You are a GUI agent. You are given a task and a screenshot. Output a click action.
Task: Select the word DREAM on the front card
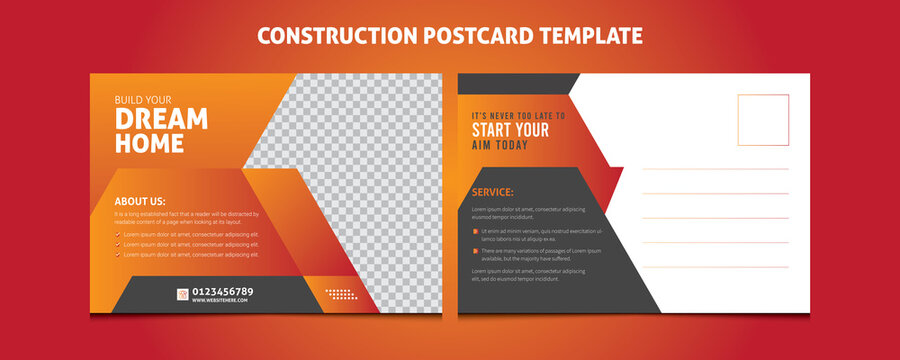click(161, 119)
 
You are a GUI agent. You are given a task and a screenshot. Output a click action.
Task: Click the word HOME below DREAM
click(149, 143)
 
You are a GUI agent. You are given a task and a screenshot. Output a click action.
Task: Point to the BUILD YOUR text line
click(143, 99)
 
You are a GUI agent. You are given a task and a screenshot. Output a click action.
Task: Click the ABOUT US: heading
click(140, 201)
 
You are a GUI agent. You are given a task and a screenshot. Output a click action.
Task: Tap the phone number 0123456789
click(223, 291)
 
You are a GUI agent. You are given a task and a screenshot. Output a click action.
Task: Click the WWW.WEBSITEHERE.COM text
click(219, 301)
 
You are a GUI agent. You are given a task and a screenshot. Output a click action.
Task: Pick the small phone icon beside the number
click(183, 295)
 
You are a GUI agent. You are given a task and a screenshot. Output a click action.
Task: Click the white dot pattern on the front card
click(341, 294)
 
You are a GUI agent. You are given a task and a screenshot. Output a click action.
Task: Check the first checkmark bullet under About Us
click(118, 233)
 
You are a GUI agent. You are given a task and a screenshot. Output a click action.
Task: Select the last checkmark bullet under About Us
click(118, 255)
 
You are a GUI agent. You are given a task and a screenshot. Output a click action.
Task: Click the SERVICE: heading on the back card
click(492, 192)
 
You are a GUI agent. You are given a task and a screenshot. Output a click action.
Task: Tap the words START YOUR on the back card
click(510, 130)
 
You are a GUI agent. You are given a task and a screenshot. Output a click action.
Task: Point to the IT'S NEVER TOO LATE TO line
click(518, 116)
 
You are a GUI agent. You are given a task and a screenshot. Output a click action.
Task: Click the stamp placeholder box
click(763, 120)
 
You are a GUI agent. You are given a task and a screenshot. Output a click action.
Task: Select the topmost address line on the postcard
click(714, 168)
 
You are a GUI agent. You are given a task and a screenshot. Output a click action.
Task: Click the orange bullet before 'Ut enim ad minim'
click(475, 230)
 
